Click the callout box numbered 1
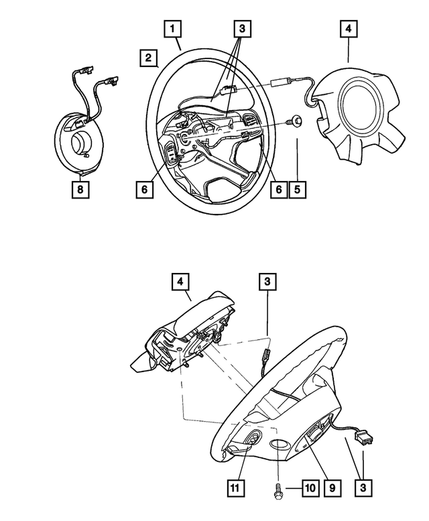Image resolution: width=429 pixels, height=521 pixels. click(x=173, y=30)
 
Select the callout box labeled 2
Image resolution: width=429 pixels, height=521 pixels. click(x=149, y=58)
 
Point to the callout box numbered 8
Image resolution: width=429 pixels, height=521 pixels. click(x=80, y=190)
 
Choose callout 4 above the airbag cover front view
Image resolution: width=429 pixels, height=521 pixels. click(x=349, y=30)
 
